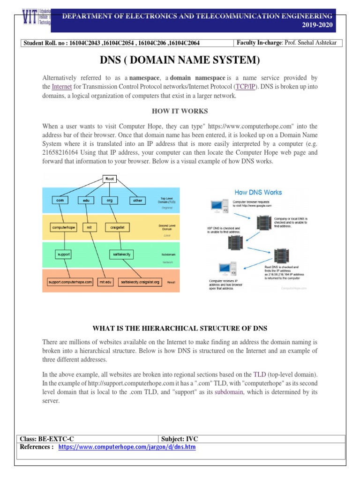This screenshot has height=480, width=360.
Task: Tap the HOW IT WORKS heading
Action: tap(180, 111)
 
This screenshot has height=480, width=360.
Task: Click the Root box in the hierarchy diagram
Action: tap(110, 179)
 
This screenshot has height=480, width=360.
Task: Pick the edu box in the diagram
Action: tap(86, 200)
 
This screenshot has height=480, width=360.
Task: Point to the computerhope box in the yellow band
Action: tap(64, 227)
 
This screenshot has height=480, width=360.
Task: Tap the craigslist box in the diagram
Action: tap(117, 227)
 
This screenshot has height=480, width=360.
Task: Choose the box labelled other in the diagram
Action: tap(137, 200)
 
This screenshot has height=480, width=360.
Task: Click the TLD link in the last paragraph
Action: tap(259, 375)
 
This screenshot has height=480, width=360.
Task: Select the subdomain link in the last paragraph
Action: tap(229, 392)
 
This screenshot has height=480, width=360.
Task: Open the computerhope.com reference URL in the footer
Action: tap(127, 447)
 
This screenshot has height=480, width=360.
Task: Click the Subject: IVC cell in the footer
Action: tap(180, 439)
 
